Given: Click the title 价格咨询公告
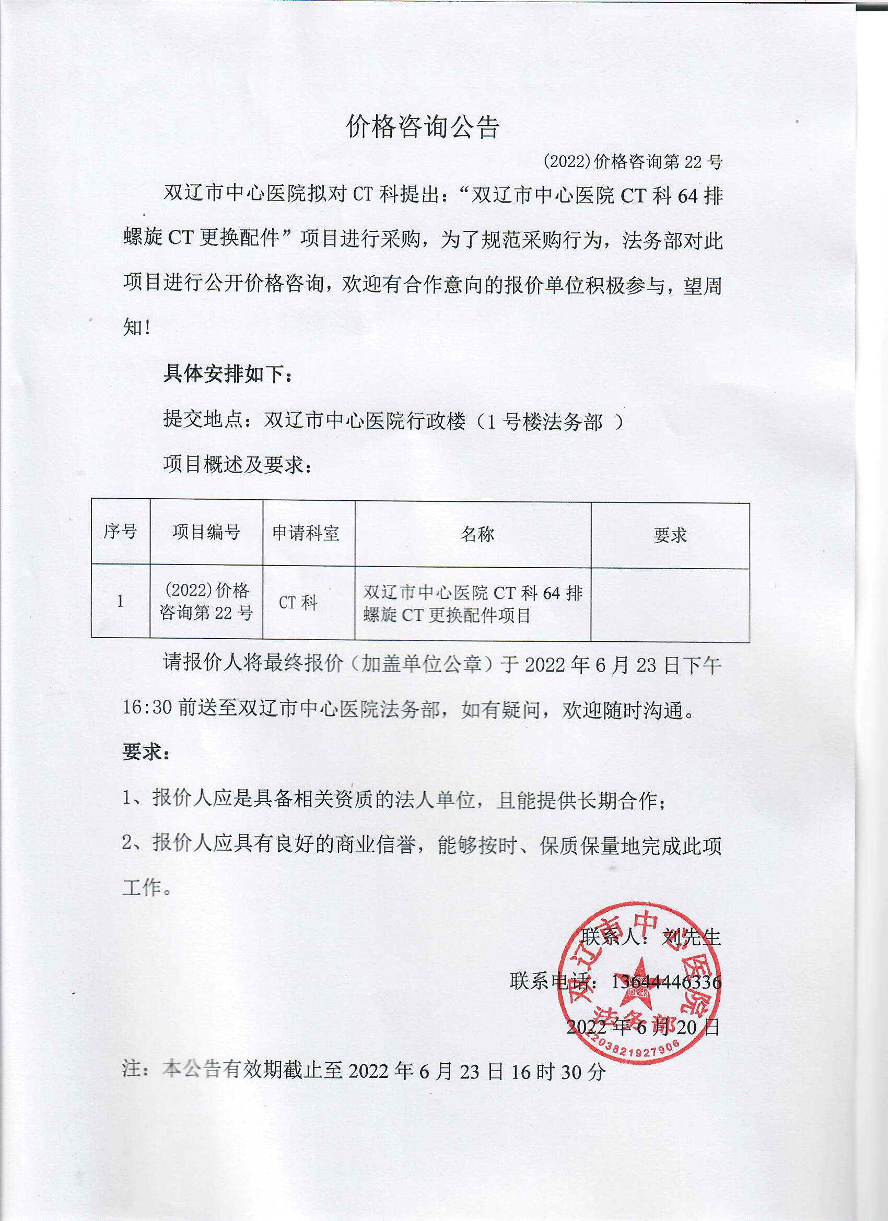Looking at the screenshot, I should pos(423,127).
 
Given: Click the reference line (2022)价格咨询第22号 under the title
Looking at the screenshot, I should pos(632,161).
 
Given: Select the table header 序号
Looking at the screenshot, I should pos(120,532).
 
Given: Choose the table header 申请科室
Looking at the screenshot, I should pos(306,533).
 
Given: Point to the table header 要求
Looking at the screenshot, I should pos(669,535).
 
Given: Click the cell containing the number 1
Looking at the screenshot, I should pos(120,601).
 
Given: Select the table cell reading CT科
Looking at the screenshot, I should pos(298,603).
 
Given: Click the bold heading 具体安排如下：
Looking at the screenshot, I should pos(228,373).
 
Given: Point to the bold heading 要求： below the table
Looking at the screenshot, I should pos(146,752).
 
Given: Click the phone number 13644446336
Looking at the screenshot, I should pos(665,982).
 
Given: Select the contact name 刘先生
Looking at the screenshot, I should pos(691,937).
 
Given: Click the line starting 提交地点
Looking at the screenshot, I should pos(393,420).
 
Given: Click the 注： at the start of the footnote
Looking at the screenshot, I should pos(136,1069).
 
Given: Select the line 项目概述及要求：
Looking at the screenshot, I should pos(238,464).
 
